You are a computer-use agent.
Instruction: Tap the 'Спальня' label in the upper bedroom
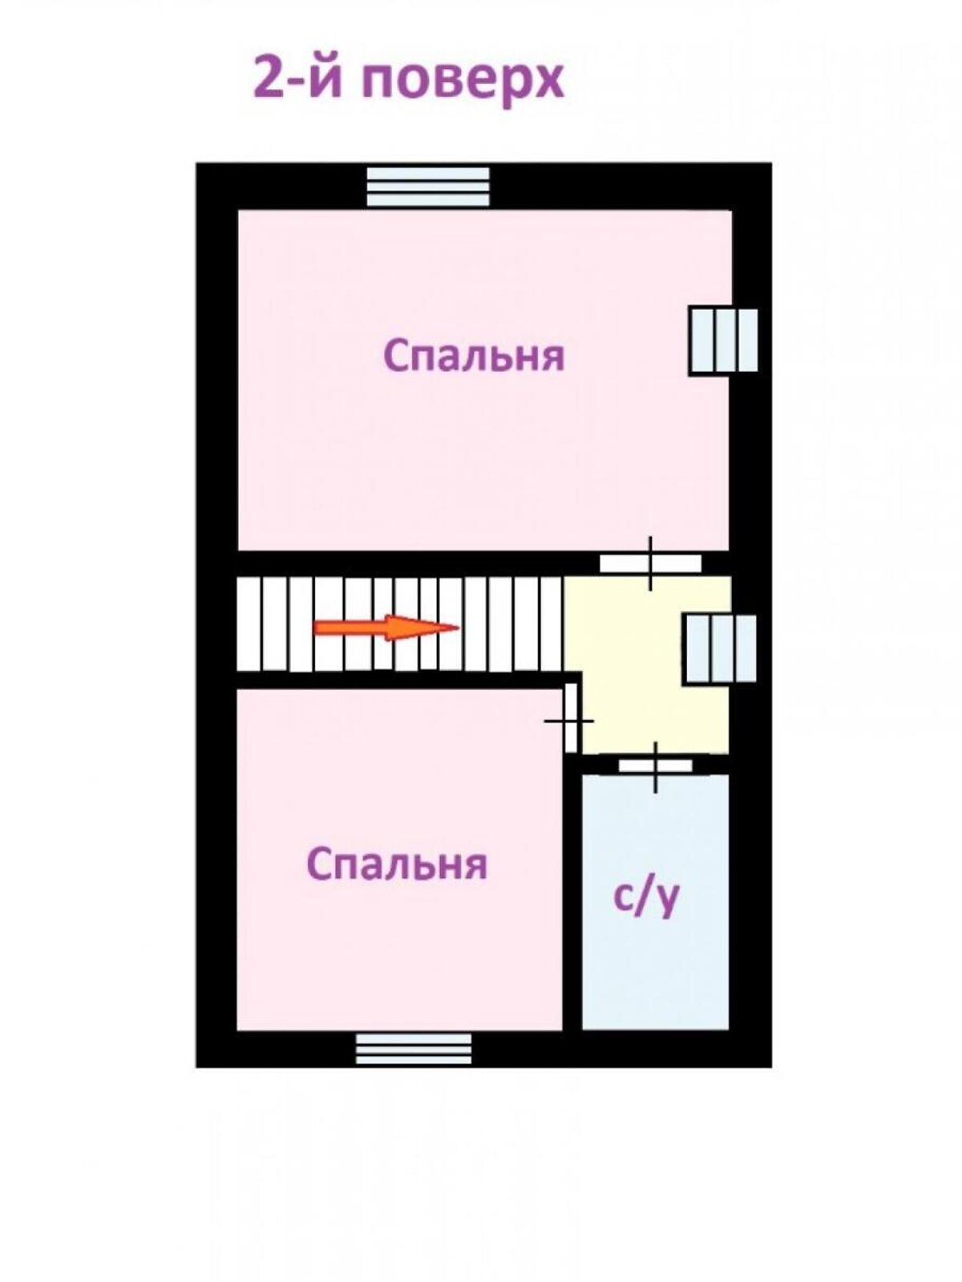(474, 356)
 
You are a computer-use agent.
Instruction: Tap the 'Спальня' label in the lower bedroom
(397, 865)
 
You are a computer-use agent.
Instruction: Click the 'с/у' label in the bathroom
(646, 897)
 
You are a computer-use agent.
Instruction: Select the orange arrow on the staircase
(385, 627)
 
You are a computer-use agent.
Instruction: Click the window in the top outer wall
(428, 186)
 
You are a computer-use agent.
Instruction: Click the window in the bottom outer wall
(414, 1048)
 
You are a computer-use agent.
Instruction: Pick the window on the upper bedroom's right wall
(723, 341)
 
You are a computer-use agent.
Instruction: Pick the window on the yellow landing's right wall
(719, 648)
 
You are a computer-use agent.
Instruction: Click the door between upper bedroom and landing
(650, 563)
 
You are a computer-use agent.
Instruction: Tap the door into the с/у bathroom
(655, 766)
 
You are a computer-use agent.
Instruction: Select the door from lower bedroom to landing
(571, 717)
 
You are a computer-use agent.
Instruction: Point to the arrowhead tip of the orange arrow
(456, 627)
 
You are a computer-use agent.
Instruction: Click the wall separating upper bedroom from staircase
(401, 562)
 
